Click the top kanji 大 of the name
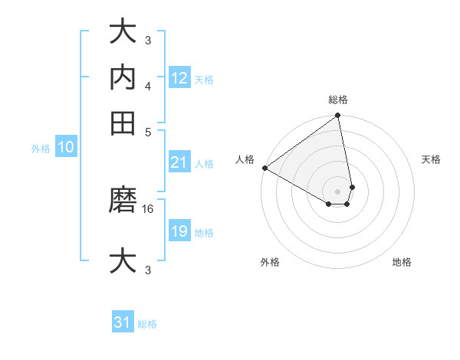coord(123,32)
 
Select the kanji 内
coord(123,77)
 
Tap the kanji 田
coord(123,123)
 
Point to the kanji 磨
coord(123,201)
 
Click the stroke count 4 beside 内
coord(148,85)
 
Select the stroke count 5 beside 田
coord(148,131)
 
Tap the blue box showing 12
coord(179,77)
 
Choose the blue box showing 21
coord(179,162)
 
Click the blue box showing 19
coord(179,231)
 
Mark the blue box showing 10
coord(65,147)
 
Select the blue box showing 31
coord(123,322)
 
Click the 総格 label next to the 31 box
coord(147,324)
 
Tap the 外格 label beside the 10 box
coord(41,149)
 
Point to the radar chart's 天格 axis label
coord(432,160)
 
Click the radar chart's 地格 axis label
coord(402,263)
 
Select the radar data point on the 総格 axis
coord(338,116)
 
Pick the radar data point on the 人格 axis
coord(264,168)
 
